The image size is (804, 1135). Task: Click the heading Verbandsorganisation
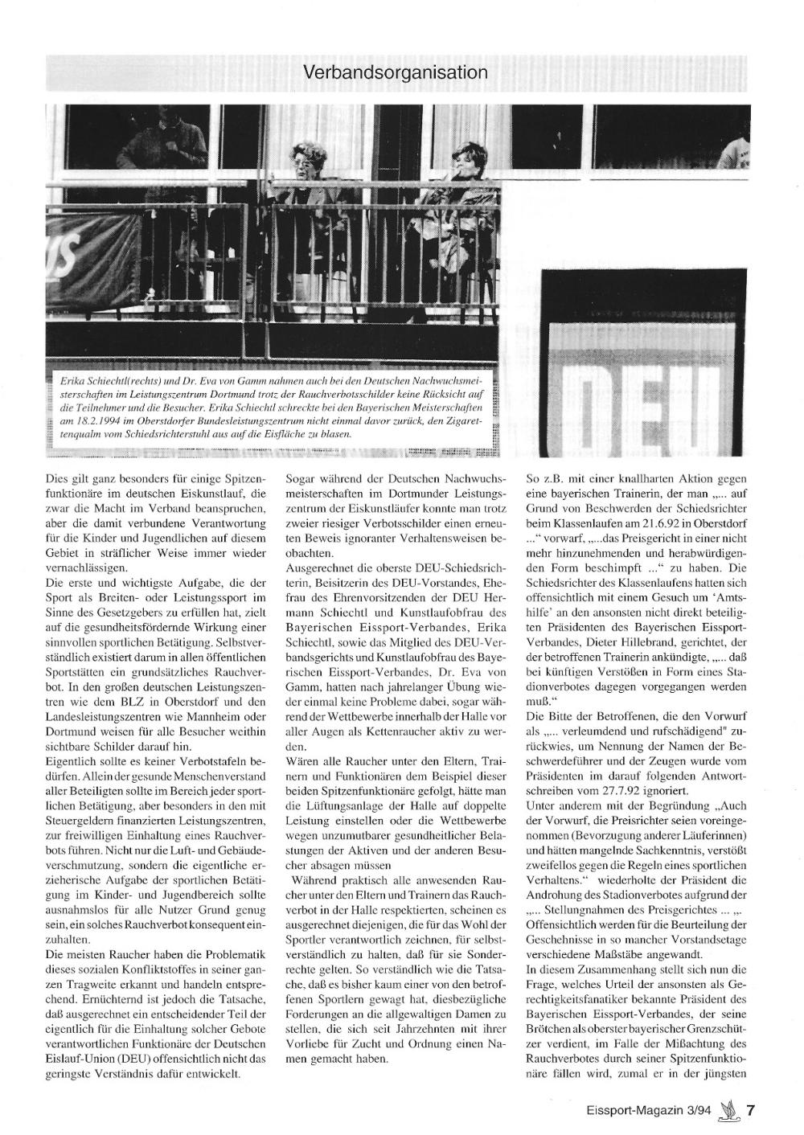[x=396, y=72]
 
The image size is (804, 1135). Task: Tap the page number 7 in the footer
[x=750, y=1111]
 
